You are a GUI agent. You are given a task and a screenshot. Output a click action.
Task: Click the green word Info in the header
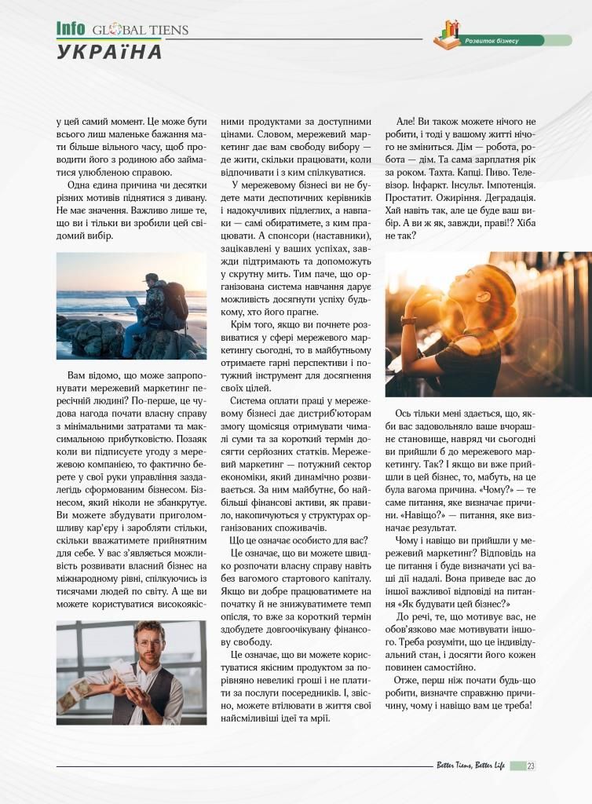point(71,29)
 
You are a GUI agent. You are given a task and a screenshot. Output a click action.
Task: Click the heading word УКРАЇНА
point(110,52)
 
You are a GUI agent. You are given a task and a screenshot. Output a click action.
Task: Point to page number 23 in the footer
point(532,766)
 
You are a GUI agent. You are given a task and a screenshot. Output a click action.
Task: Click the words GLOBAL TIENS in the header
point(141,31)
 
